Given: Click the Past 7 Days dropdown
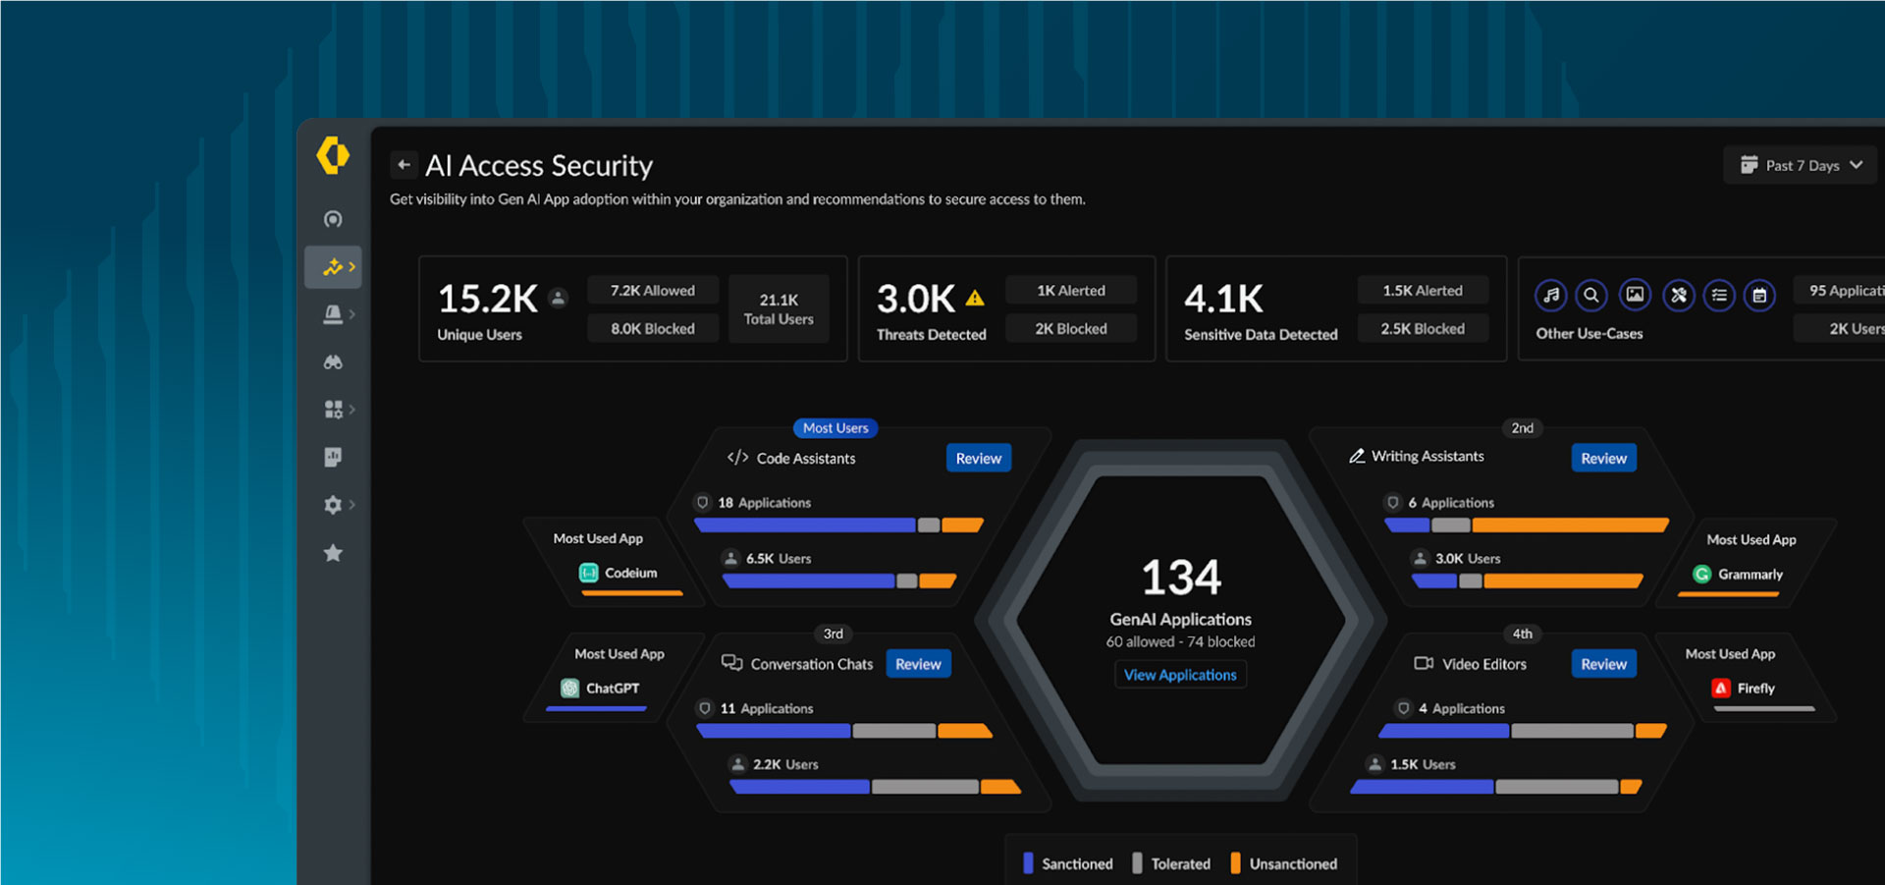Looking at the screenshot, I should click(x=1801, y=165).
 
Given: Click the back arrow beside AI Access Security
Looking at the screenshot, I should click(x=404, y=165).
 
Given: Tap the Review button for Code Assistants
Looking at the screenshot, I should click(x=978, y=458).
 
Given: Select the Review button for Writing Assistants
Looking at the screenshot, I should click(x=1603, y=458).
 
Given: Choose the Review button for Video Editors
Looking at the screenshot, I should click(x=1603, y=664).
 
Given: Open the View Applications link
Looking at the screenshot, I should click(x=1180, y=675).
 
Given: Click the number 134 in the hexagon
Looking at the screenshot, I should click(x=1181, y=578).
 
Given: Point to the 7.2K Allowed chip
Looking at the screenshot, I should click(x=652, y=291).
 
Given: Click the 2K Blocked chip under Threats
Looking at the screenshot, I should click(x=1070, y=329).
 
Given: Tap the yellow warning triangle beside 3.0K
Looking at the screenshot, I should click(x=975, y=299).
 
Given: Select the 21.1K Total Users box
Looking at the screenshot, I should click(x=779, y=308).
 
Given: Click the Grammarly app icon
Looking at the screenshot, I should click(x=1702, y=575).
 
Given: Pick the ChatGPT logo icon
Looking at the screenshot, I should click(x=570, y=689).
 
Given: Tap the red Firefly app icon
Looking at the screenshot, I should click(x=1721, y=689).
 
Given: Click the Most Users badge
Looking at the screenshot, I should click(x=835, y=428).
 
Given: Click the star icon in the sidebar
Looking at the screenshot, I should click(x=333, y=553).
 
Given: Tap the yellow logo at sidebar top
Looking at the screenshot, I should click(x=333, y=155).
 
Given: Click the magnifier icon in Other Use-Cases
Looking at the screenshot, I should click(x=1591, y=295).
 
